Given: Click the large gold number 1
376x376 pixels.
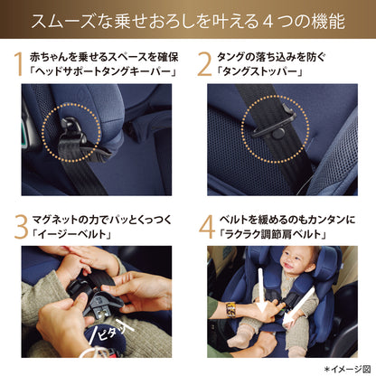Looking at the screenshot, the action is point(19,64).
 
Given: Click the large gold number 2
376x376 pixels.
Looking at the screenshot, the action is point(205,64).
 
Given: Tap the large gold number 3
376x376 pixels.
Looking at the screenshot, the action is point(21,227).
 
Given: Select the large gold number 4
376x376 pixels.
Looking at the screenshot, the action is point(207,227).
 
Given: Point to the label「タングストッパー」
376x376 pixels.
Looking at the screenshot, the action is point(259,72).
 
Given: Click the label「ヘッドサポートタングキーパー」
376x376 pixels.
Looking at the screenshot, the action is point(103,72).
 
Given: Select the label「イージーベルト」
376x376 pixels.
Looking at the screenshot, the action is point(71,234).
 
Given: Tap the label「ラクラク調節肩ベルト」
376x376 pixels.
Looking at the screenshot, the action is point(272,234).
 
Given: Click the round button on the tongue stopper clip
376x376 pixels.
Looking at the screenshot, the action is point(279,134).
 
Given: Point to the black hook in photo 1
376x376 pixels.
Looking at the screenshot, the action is point(71,127).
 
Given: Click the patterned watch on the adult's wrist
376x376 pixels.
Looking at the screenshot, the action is point(230,310).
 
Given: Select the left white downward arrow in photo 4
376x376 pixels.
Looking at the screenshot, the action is point(261,290).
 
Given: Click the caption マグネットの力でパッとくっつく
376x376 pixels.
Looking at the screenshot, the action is point(101,220).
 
